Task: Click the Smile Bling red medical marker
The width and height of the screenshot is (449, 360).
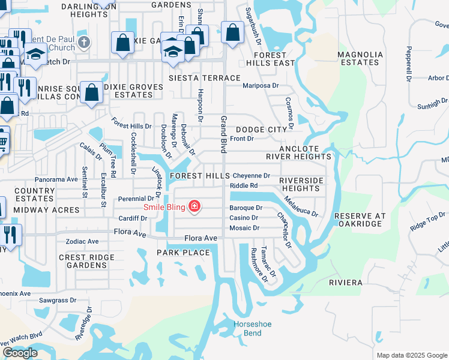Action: (194, 207)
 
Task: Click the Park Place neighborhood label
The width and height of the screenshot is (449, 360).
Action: (184, 253)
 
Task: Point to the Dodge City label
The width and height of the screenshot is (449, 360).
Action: (261, 130)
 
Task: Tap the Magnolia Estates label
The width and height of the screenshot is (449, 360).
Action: (360, 58)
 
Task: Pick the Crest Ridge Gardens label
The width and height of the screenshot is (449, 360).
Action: (82, 261)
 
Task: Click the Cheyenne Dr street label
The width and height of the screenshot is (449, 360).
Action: (252, 176)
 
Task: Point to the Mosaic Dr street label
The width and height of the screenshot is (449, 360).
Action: (244, 228)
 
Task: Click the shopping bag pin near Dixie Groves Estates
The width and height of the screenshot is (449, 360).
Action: (91, 93)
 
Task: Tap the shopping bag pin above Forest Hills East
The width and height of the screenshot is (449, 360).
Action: (232, 32)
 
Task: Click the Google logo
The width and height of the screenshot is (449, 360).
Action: (20, 353)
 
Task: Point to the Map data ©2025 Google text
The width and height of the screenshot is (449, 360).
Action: (412, 355)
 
